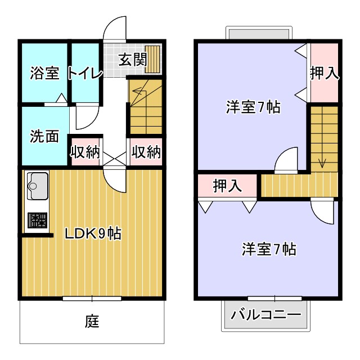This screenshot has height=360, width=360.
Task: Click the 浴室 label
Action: pos(44,73)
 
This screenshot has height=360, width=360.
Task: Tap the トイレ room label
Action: pos(85,73)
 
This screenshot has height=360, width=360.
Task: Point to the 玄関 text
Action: pos(132,58)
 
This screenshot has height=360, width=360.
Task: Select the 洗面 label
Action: pos(44,137)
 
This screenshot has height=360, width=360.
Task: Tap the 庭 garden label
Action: pos(92,322)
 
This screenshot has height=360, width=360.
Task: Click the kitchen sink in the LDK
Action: pos(37,186)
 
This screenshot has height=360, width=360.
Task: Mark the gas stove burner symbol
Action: pos(38,219)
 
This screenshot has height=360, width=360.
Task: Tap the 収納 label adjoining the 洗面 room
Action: pos(85,152)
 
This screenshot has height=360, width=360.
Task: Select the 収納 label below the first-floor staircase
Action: pos(146,152)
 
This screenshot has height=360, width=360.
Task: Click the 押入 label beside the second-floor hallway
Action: pos(227,186)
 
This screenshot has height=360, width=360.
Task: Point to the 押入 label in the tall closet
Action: pos(325,74)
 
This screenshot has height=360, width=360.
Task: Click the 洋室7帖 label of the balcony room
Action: pos(269,248)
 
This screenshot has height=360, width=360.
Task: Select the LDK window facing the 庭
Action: pos(92,298)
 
